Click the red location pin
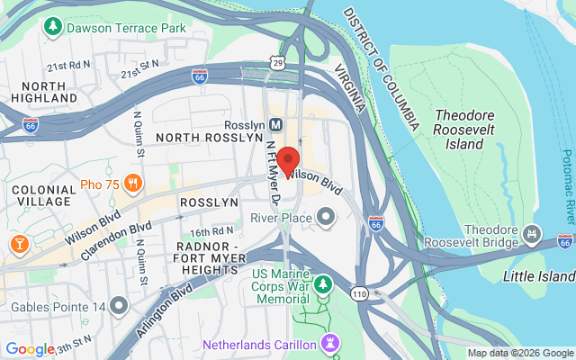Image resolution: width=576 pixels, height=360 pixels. [288, 160]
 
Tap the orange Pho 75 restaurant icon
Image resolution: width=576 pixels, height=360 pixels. [133, 184]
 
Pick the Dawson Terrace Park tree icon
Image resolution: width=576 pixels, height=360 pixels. [55, 28]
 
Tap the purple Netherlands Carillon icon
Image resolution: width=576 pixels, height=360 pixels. [330, 345]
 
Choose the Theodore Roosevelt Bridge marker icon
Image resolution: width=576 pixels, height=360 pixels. [532, 234]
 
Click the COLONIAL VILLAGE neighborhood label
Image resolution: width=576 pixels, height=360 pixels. [43, 196]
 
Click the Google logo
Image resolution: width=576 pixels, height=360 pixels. [31, 349]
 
